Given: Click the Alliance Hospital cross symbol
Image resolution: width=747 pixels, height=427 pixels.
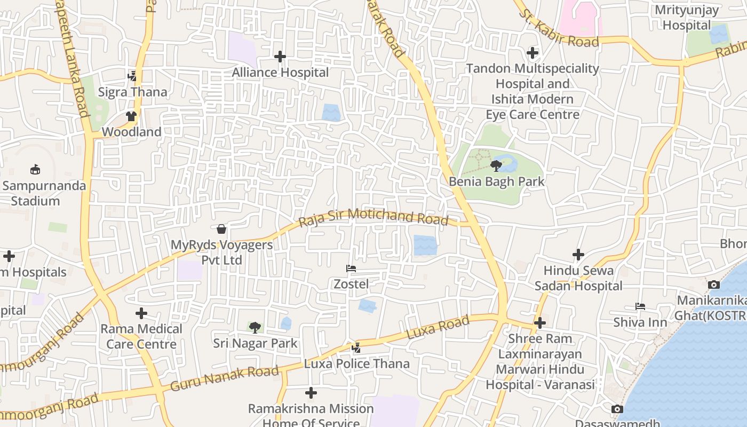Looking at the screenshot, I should (280, 56).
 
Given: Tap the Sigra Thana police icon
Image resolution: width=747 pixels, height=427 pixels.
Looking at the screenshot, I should (132, 76).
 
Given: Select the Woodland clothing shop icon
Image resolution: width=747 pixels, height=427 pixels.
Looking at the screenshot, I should (131, 116).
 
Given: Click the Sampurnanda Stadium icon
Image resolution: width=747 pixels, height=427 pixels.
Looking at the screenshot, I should (35, 170).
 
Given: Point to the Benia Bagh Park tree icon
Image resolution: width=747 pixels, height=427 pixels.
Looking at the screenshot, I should (496, 165).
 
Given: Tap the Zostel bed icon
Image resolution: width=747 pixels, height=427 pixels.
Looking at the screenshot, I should (351, 268).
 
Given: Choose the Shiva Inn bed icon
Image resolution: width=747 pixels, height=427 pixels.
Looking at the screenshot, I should (640, 306).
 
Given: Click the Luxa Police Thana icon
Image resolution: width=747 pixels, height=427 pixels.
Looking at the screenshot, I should (356, 348).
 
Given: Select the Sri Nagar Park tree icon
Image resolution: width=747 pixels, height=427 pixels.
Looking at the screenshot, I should (255, 327).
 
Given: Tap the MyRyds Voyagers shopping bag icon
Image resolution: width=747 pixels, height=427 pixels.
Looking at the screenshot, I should (221, 229).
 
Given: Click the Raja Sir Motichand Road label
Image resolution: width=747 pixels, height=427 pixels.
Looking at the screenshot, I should (373, 217).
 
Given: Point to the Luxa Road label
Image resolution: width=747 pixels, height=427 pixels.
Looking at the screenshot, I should (438, 327).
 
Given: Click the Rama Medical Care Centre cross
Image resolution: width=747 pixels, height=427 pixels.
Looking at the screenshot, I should (141, 313).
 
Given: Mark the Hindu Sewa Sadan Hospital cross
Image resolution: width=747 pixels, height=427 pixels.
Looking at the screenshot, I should (578, 255).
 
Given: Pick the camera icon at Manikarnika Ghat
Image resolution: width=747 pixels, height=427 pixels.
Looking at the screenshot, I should (713, 284).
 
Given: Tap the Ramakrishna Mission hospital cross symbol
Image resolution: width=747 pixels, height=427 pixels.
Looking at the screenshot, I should (311, 393).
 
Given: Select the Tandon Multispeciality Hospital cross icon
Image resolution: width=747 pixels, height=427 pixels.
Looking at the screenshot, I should (533, 53).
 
